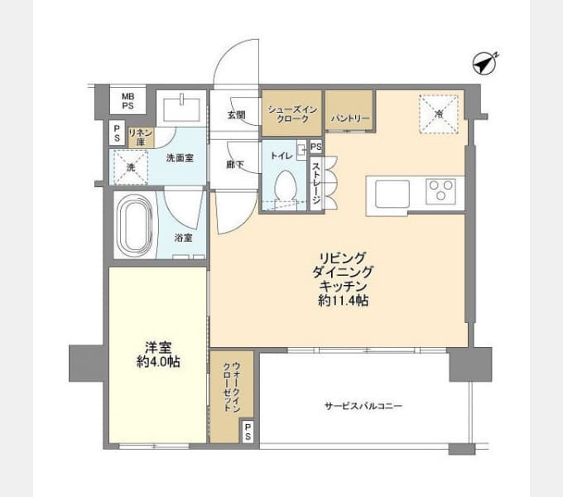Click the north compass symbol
[484, 64]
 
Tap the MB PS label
[128, 101]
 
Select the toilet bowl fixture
[286, 186]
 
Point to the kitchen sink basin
[392, 194]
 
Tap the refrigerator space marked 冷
[439, 113]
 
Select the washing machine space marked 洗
[131, 167]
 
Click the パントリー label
[350, 118]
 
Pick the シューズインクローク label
[292, 114]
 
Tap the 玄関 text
[236, 115]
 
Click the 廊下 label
[235, 165]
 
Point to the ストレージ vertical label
[315, 184]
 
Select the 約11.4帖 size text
[344, 300]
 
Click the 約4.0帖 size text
[158, 362]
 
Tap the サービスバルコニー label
[363, 406]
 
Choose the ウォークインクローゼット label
[232, 387]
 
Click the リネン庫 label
[141, 138]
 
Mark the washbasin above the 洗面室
[181, 109]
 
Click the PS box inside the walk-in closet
[248, 431]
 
